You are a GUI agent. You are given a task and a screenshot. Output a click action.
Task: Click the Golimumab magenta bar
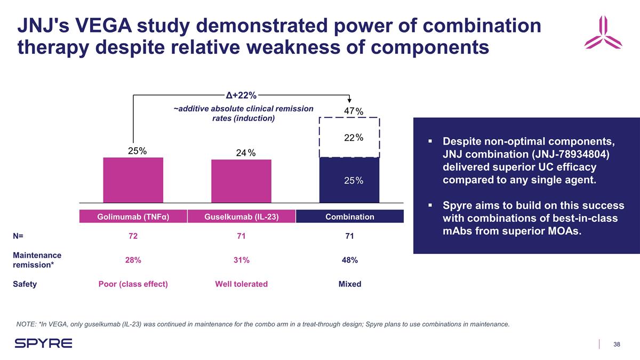click(x=133, y=180)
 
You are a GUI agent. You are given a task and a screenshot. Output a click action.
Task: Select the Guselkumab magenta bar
click(x=241, y=181)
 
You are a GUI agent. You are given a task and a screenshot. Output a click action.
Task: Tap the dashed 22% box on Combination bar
click(x=349, y=138)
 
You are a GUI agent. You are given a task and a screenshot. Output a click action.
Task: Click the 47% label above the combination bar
click(x=353, y=111)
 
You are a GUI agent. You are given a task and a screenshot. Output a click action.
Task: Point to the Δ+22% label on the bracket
click(x=241, y=96)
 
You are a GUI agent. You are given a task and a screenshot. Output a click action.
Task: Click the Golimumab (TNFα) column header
click(x=133, y=217)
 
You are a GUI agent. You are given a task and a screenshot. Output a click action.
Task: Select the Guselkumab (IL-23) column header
click(x=241, y=217)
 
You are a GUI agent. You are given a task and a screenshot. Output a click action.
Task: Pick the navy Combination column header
click(x=350, y=217)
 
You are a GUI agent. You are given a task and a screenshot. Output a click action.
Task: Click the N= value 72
click(x=133, y=236)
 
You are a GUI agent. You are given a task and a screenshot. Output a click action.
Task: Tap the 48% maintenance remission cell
click(x=350, y=260)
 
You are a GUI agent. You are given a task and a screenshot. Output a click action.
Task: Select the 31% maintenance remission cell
click(x=241, y=260)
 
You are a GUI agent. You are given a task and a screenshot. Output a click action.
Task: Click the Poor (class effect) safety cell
click(x=133, y=284)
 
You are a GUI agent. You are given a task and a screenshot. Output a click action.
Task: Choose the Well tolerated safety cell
click(x=241, y=284)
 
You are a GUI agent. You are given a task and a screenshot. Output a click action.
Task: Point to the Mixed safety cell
click(x=350, y=284)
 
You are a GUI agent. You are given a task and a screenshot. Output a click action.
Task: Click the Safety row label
click(x=25, y=284)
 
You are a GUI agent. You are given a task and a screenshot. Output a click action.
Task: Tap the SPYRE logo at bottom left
click(x=43, y=343)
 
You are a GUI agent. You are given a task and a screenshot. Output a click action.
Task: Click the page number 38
click(x=617, y=344)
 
